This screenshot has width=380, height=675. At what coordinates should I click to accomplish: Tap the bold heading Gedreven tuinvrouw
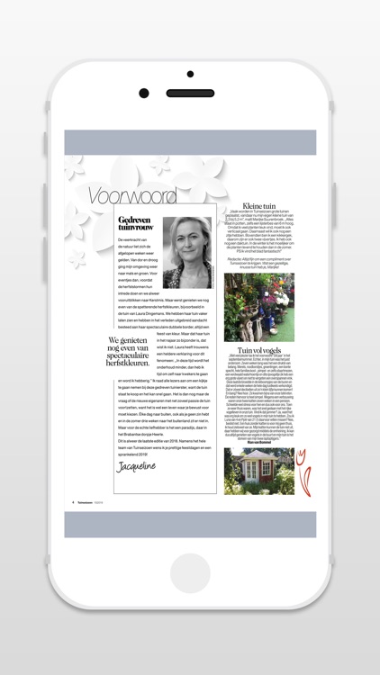pyautogui.click(x=138, y=224)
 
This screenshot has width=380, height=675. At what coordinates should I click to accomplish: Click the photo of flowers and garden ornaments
pyautogui.click(x=259, y=307)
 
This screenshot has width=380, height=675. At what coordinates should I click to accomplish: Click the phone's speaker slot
pyautogui.click(x=190, y=93)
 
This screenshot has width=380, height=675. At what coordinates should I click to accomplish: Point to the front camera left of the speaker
pyautogui.click(x=144, y=93)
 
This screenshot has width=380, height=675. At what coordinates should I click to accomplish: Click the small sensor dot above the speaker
pyautogui.click(x=190, y=74)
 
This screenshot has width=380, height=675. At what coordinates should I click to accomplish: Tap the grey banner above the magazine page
pyautogui.click(x=190, y=143)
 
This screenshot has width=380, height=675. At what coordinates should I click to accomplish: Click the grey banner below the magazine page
pyautogui.click(x=190, y=524)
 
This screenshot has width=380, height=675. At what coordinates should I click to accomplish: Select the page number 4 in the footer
pyautogui.click(x=73, y=501)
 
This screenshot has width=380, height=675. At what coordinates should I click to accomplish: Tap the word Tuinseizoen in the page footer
pyautogui.click(x=88, y=501)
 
